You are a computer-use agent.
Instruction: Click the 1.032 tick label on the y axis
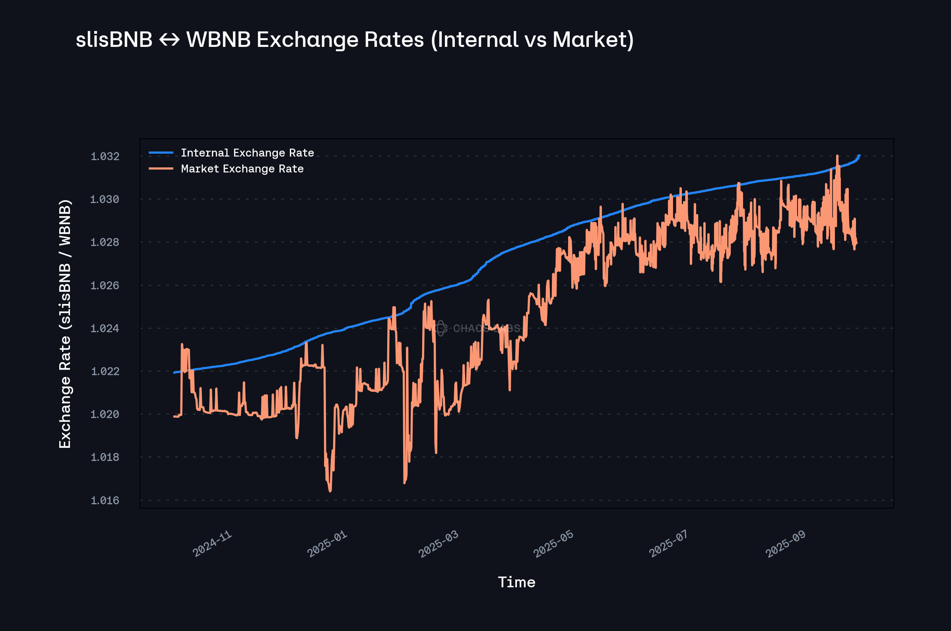coord(105,156)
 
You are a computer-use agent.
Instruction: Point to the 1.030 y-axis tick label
coord(105,199)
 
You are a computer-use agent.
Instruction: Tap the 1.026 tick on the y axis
coord(105,285)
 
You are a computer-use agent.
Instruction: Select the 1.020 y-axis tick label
coord(105,414)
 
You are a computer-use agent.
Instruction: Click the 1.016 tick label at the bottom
coord(105,500)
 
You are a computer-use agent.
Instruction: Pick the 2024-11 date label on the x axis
coord(212,544)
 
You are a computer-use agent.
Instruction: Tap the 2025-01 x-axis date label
coord(327,544)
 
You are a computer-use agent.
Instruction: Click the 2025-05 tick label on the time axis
coord(553,544)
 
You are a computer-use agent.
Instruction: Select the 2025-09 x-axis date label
coord(786,544)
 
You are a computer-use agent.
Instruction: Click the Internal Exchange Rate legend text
coord(247,153)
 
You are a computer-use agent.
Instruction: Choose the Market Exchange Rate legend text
coord(242,168)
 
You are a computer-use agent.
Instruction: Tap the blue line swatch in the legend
coord(161,153)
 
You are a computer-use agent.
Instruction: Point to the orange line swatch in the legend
coord(161,168)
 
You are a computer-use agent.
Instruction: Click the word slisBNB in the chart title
coord(114,40)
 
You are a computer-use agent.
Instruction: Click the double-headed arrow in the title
coord(169,40)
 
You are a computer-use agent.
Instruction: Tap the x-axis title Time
coord(516,582)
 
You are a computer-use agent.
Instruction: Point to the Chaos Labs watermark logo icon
coord(441,328)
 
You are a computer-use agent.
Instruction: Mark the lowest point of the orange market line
coord(330,491)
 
